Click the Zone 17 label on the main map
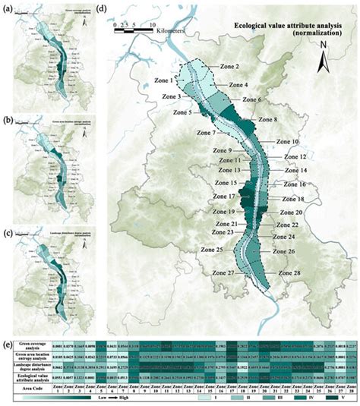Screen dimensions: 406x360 pyautogui.click(x=202, y=197)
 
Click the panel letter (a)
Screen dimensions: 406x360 pyautogui.click(x=10, y=6)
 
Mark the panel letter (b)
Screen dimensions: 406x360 pyautogui.click(x=10, y=119)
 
